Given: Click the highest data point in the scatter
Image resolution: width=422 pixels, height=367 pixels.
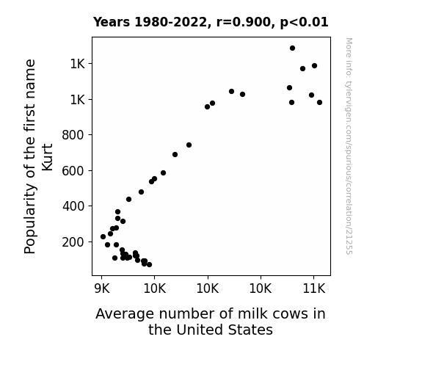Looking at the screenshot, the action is coord(292,48).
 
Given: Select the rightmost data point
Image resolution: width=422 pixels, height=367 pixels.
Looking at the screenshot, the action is coord(319,102).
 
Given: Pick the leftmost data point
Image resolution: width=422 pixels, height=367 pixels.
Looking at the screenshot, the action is coord(103,236).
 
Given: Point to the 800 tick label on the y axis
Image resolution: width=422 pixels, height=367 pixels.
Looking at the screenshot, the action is coord(73,135).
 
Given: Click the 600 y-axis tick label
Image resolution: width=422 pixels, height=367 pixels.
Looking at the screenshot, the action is coord(73,171).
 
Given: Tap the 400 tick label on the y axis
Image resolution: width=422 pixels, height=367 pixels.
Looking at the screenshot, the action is coord(73,206).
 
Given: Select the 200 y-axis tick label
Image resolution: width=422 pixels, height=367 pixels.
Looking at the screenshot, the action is coord(73,242).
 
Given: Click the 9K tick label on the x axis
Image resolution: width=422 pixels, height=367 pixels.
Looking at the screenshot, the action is coord(102,288).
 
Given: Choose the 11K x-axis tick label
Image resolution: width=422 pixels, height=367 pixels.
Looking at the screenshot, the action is coord(314,288).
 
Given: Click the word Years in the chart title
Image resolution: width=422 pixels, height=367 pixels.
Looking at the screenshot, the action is coord(112,22).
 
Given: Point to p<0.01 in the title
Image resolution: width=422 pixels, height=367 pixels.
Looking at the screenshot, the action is coord(304,23).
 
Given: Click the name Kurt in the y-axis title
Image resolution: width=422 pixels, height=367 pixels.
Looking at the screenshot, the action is coord(48,157).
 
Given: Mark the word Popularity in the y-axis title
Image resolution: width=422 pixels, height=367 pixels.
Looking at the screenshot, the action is coord(30,219).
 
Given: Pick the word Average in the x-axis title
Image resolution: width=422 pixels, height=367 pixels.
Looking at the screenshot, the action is coord(125,314).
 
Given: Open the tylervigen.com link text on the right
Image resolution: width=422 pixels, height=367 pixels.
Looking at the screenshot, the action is coord(349,146).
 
